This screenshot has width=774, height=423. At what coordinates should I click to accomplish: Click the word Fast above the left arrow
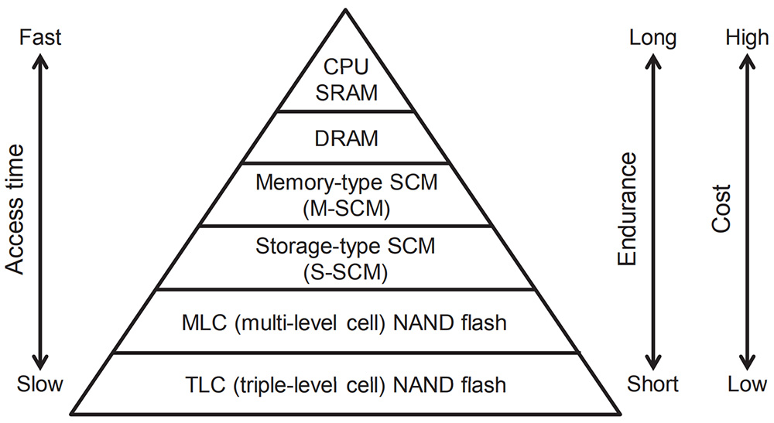pos(40,37)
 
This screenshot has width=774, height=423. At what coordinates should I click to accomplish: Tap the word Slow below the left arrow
pos(40,384)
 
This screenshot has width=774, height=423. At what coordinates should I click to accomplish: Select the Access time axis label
pos(15,210)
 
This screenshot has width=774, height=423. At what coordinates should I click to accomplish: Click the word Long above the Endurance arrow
pos(652,39)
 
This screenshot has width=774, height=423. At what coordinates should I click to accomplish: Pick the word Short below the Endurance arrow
pos(652,384)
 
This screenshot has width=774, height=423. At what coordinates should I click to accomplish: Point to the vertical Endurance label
pos(628,209)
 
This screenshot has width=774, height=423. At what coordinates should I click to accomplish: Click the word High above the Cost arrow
pos(747,39)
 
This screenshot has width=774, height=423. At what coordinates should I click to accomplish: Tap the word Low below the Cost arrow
pos(747,384)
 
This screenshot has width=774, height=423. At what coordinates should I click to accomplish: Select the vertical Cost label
pos(721,209)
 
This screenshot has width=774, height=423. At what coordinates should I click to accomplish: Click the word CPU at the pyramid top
pos(345,67)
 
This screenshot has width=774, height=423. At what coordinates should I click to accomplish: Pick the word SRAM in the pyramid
pos(346,93)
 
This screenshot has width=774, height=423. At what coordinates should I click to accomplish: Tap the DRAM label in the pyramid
pos(346,138)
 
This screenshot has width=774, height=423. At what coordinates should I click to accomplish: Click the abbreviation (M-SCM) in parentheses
pos(346,209)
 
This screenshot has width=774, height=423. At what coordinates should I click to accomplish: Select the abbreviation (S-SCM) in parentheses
pos(345,272)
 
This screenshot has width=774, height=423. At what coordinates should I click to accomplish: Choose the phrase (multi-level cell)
pos(310,323)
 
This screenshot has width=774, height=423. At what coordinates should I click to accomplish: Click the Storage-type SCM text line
pos(345,246)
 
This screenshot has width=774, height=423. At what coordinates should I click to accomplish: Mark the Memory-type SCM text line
pos(346,183)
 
